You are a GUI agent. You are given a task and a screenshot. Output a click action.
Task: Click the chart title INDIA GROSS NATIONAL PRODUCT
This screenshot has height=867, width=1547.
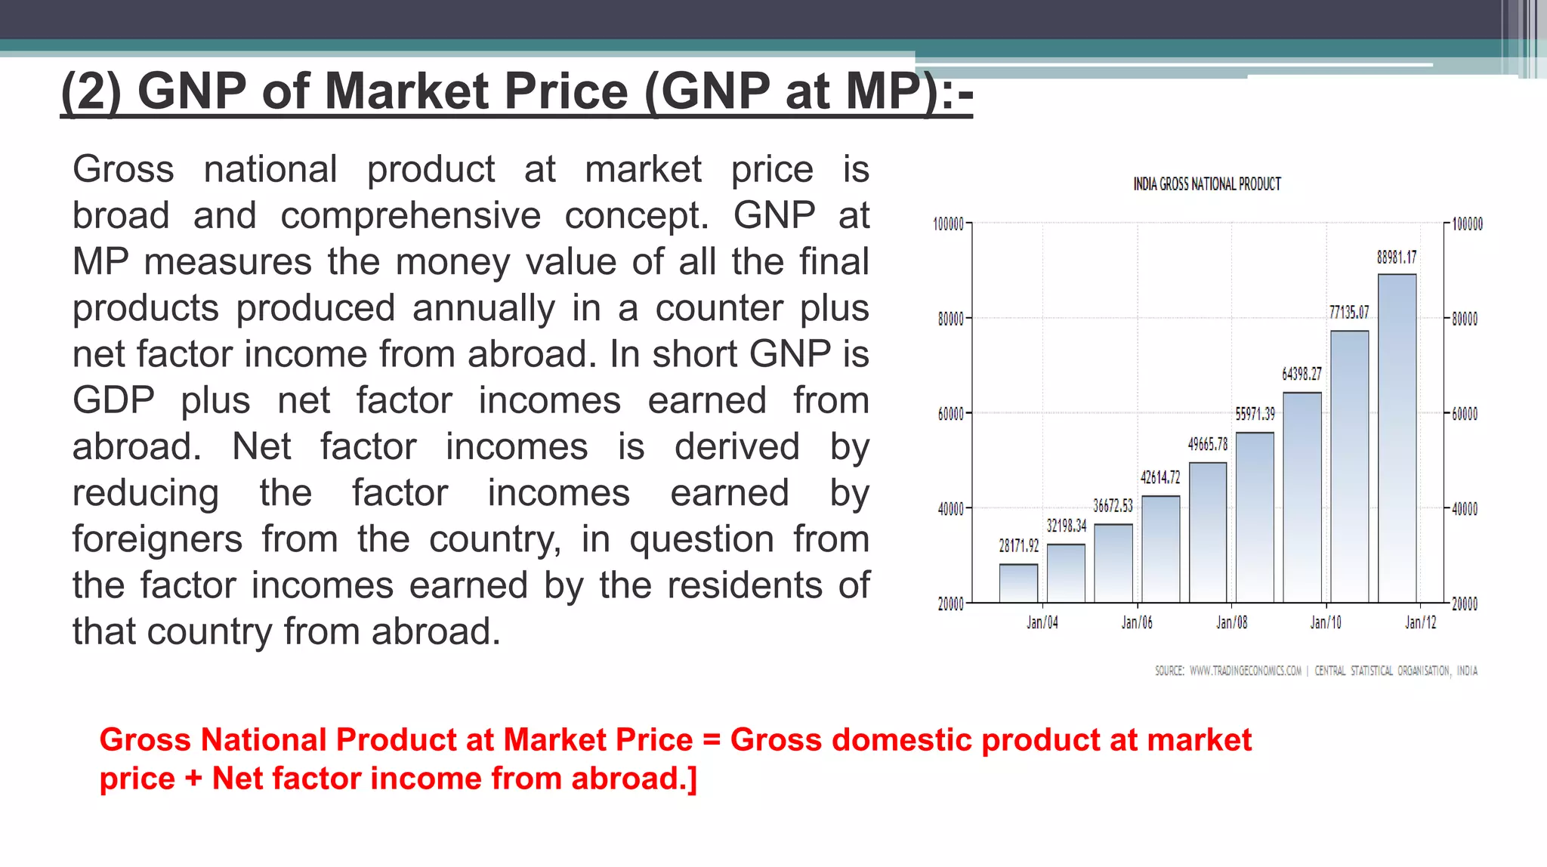[1206, 184]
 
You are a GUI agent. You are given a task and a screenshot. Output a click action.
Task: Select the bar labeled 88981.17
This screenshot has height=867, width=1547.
[1397, 438]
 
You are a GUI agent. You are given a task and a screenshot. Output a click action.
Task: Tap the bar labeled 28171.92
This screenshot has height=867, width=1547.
[1018, 583]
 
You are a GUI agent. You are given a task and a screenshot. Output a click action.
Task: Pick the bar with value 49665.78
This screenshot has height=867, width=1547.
[1208, 532]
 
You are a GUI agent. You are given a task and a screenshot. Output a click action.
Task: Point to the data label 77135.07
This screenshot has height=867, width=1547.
[1349, 312]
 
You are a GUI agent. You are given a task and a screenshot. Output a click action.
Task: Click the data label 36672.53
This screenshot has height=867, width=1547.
[1113, 505]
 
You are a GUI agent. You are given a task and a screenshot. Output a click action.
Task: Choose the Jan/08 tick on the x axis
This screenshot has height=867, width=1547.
[1231, 622]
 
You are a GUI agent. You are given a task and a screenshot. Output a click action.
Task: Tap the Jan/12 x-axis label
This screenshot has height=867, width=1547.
[1420, 622]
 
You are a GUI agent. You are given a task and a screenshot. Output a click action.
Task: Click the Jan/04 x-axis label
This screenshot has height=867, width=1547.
[1042, 622]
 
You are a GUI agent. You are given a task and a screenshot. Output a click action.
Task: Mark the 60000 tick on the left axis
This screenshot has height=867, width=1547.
[950, 414]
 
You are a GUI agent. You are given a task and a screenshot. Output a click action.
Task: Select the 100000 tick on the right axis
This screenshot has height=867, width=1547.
[1467, 224]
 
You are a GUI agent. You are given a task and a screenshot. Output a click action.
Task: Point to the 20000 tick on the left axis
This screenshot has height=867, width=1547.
[950, 603]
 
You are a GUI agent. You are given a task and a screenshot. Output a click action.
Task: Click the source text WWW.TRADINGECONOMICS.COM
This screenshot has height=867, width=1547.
[1245, 671]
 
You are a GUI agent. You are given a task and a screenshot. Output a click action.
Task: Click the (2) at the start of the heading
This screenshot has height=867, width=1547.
[90, 91]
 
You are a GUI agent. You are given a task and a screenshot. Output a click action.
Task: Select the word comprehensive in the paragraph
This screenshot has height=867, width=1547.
[410, 216]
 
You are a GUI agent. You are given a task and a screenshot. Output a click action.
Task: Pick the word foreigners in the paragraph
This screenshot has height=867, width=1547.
[157, 539]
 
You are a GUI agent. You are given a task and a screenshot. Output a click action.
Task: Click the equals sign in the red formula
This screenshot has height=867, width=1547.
[711, 740]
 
